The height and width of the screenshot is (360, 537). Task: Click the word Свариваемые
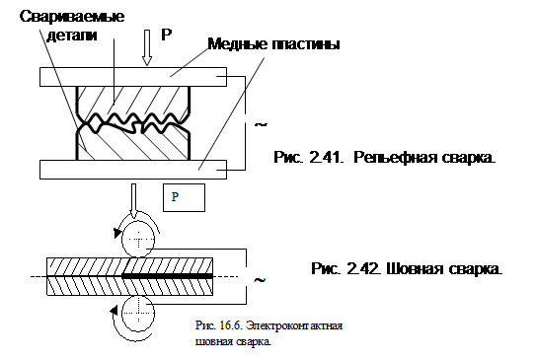[72, 16]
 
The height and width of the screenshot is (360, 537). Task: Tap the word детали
[72, 36]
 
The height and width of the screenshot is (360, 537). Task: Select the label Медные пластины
[274, 44]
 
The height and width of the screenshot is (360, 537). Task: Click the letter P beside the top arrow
[166, 35]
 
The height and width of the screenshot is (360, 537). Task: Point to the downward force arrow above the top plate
[147, 47]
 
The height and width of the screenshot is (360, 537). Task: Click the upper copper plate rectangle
[133, 77]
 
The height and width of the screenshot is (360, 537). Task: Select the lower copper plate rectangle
[133, 170]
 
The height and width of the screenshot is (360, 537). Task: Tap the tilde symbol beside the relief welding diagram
[261, 124]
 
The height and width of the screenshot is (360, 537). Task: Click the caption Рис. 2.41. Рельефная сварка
[385, 158]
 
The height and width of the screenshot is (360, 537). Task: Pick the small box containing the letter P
[184, 197]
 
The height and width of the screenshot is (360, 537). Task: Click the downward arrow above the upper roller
[133, 201]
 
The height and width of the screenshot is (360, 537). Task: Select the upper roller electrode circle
[138, 239]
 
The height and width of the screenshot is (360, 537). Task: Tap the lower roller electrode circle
[138, 313]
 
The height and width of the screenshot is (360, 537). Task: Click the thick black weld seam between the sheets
[168, 276]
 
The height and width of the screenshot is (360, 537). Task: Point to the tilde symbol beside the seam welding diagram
[260, 280]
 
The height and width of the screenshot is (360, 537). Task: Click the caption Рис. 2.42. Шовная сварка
[407, 268]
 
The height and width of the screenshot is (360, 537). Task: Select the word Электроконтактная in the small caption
[294, 324]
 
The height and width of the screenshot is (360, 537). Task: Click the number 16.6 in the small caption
[231, 324]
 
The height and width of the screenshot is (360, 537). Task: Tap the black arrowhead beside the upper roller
[117, 233]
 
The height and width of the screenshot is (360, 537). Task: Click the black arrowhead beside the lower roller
[114, 311]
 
